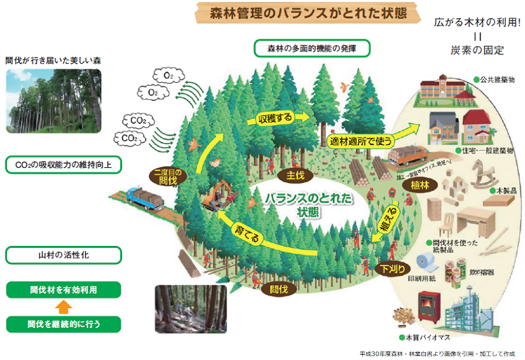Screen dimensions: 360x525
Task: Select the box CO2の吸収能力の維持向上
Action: click(x=63, y=165)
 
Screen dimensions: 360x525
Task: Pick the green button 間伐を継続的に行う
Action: click(x=63, y=323)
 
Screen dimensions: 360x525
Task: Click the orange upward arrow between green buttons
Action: click(x=62, y=306)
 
